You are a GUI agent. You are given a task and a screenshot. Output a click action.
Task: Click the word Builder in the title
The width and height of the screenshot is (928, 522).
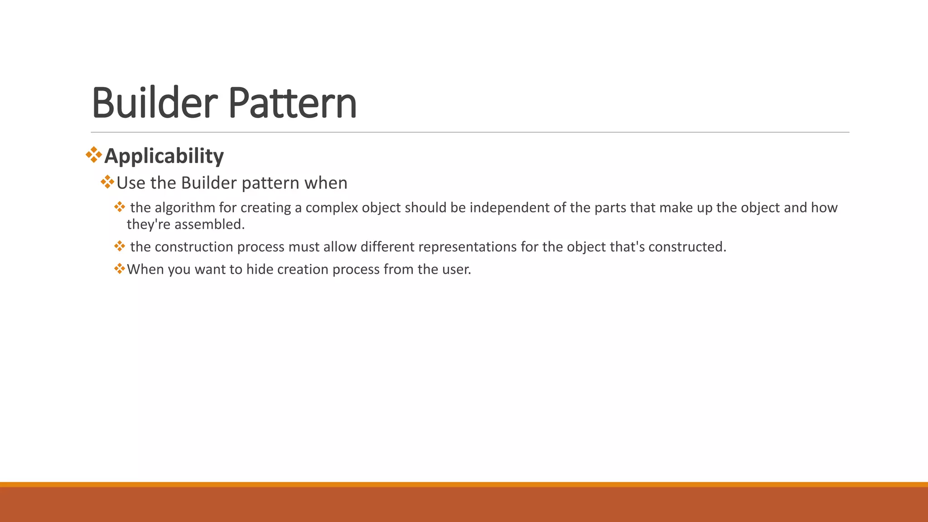point(155,103)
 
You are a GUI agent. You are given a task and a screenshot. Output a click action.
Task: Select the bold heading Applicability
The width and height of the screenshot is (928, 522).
point(164,156)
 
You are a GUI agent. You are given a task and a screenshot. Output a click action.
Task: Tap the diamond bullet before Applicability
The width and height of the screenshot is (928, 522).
point(94,155)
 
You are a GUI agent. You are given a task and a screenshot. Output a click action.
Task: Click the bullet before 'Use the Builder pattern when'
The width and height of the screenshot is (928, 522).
point(107,182)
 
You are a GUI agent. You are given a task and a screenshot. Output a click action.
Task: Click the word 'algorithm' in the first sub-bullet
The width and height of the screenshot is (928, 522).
point(185,208)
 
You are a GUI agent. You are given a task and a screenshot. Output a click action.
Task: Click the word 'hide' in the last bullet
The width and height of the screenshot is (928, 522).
point(260,270)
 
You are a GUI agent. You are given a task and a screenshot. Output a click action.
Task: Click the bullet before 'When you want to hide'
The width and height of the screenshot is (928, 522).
point(119,269)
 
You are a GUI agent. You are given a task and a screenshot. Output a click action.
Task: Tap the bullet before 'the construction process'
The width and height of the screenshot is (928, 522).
point(119,246)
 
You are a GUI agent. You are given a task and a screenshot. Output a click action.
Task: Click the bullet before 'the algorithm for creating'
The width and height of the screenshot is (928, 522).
point(119,207)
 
